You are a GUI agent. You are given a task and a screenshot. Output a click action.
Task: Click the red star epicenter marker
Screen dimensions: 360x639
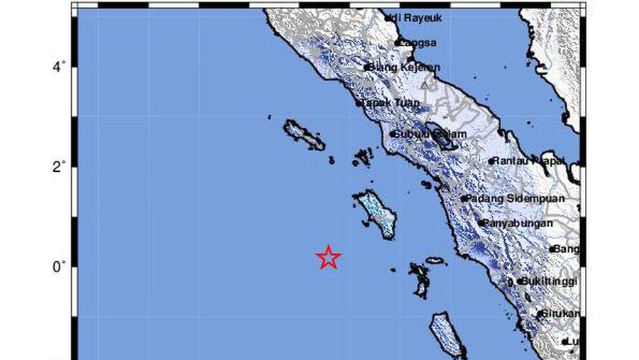[328, 257]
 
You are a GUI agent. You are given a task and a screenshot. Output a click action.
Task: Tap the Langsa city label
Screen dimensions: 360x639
[419, 43]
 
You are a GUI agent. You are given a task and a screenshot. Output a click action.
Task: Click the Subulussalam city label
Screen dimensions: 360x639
[431, 134]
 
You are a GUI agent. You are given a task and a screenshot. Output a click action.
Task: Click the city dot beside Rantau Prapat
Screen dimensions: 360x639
[491, 161]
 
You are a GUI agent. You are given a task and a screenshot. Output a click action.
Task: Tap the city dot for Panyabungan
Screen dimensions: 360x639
[481, 223]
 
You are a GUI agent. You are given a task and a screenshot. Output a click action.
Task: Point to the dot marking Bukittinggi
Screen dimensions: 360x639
[520, 281]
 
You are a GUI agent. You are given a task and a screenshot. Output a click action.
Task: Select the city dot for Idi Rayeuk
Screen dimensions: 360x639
[388, 19]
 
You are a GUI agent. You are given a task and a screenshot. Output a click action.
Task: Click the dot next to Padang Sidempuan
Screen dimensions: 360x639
[464, 199]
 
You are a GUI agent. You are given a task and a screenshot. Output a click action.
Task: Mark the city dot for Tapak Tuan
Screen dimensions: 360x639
[359, 104]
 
